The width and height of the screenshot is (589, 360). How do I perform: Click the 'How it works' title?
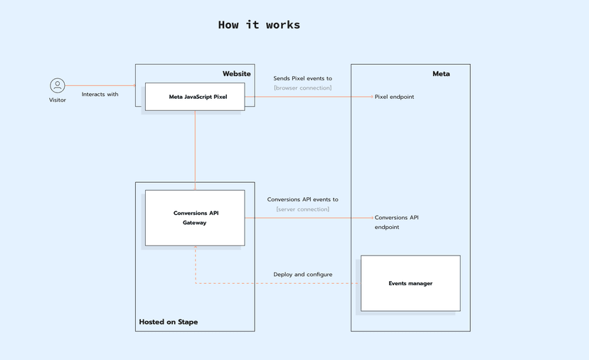tap(259, 25)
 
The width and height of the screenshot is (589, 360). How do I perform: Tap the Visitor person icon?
tap(58, 85)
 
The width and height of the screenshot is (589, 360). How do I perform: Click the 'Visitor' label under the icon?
tap(58, 100)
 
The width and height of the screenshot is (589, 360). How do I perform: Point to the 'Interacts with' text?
tap(100, 94)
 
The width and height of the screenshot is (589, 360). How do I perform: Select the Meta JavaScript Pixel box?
tap(195, 97)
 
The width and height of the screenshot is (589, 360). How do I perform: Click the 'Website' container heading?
tap(236, 74)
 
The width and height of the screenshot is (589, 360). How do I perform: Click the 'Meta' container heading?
tap(441, 74)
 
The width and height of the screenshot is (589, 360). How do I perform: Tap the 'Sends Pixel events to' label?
tap(302, 78)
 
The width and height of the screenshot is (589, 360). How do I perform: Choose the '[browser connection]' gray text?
tap(302, 88)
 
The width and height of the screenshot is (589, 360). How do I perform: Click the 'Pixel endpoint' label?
tap(394, 97)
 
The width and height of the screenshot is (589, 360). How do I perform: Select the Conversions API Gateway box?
tap(195, 218)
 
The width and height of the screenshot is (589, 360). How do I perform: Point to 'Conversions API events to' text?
tap(302, 200)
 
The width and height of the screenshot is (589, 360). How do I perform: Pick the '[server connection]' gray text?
tap(302, 209)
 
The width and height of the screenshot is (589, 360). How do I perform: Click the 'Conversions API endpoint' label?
tap(396, 222)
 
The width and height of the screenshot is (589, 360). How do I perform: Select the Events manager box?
tap(410, 283)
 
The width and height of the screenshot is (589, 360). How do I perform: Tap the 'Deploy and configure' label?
tap(302, 275)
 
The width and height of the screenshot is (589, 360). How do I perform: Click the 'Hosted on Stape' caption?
tap(169, 322)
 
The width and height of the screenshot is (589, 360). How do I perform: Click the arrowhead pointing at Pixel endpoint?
tap(371, 97)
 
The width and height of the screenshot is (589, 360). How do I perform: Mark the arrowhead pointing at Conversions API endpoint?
tap(371, 218)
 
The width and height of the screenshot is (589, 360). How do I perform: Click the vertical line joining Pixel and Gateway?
tap(195, 149)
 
